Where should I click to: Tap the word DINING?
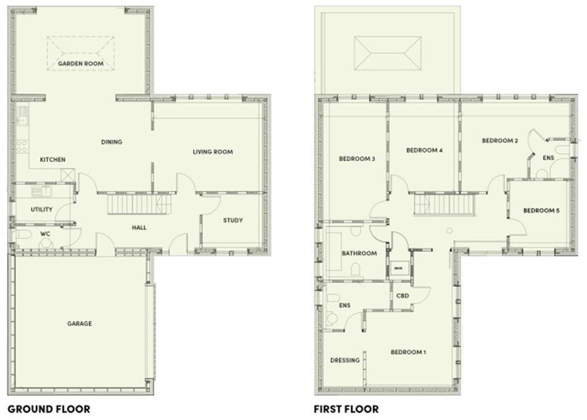(112, 142)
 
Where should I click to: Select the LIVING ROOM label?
(212, 152)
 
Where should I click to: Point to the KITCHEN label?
(52, 160)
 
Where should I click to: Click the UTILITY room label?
(41, 209)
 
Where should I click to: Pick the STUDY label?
(232, 220)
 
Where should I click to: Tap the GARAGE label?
(80, 323)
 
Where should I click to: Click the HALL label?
(139, 228)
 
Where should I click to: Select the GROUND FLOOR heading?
(49, 409)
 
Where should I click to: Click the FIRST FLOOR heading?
(346, 409)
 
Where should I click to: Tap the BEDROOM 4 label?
(424, 150)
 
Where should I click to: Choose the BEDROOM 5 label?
(541, 211)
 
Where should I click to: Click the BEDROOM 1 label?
(408, 352)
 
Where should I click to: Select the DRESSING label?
(344, 360)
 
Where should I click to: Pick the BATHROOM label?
(359, 253)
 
